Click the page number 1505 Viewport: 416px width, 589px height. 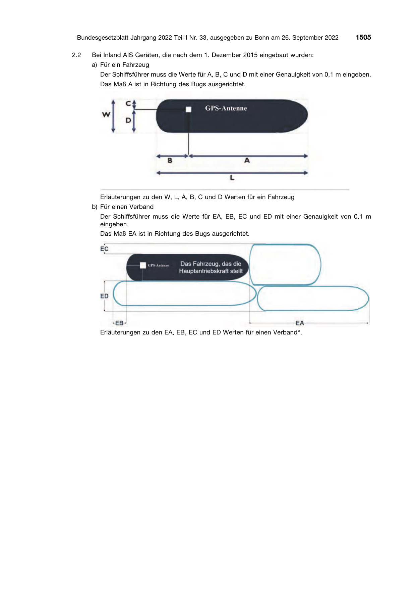click(x=363, y=37)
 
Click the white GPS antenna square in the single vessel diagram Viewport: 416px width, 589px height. click(x=189, y=109)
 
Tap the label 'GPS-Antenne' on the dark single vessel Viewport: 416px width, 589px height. click(x=226, y=108)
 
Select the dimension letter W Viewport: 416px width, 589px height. click(x=106, y=115)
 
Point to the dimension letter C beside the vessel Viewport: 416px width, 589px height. click(x=128, y=103)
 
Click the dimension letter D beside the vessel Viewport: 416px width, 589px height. click(x=128, y=120)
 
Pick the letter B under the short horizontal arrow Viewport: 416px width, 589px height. click(x=170, y=161)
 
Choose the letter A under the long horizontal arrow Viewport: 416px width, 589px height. click(x=247, y=161)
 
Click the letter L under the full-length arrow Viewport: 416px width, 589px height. click(x=232, y=178)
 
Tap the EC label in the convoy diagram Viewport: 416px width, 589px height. click(x=104, y=249)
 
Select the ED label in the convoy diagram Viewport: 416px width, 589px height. click(x=104, y=296)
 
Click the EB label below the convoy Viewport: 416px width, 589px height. click(x=119, y=323)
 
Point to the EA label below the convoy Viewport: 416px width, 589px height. click(x=300, y=323)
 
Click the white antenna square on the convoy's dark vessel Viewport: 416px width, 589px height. click(x=143, y=265)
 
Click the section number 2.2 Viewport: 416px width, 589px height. click(x=76, y=55)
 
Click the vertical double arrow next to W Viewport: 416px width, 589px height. click(x=113, y=116)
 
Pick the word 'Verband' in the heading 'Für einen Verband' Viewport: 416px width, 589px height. click(x=142, y=207)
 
